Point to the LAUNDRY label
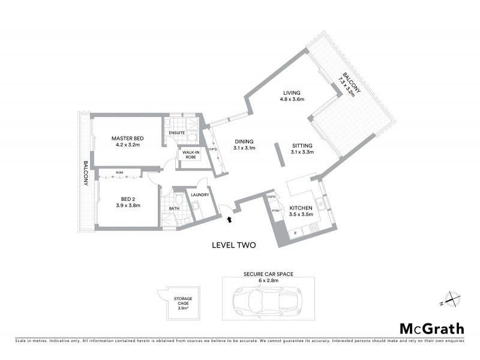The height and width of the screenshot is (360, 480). [x=199, y=195]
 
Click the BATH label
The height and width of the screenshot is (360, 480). [x=173, y=209]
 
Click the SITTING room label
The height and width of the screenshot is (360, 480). [x=302, y=149]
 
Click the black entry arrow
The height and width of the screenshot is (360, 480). [x=228, y=222]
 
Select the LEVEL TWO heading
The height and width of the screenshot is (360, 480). [x=235, y=245]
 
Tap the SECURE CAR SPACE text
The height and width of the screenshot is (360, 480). [x=268, y=275]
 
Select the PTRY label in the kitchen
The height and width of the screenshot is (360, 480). [x=276, y=211]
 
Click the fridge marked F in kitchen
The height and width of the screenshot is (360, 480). [x=295, y=233]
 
